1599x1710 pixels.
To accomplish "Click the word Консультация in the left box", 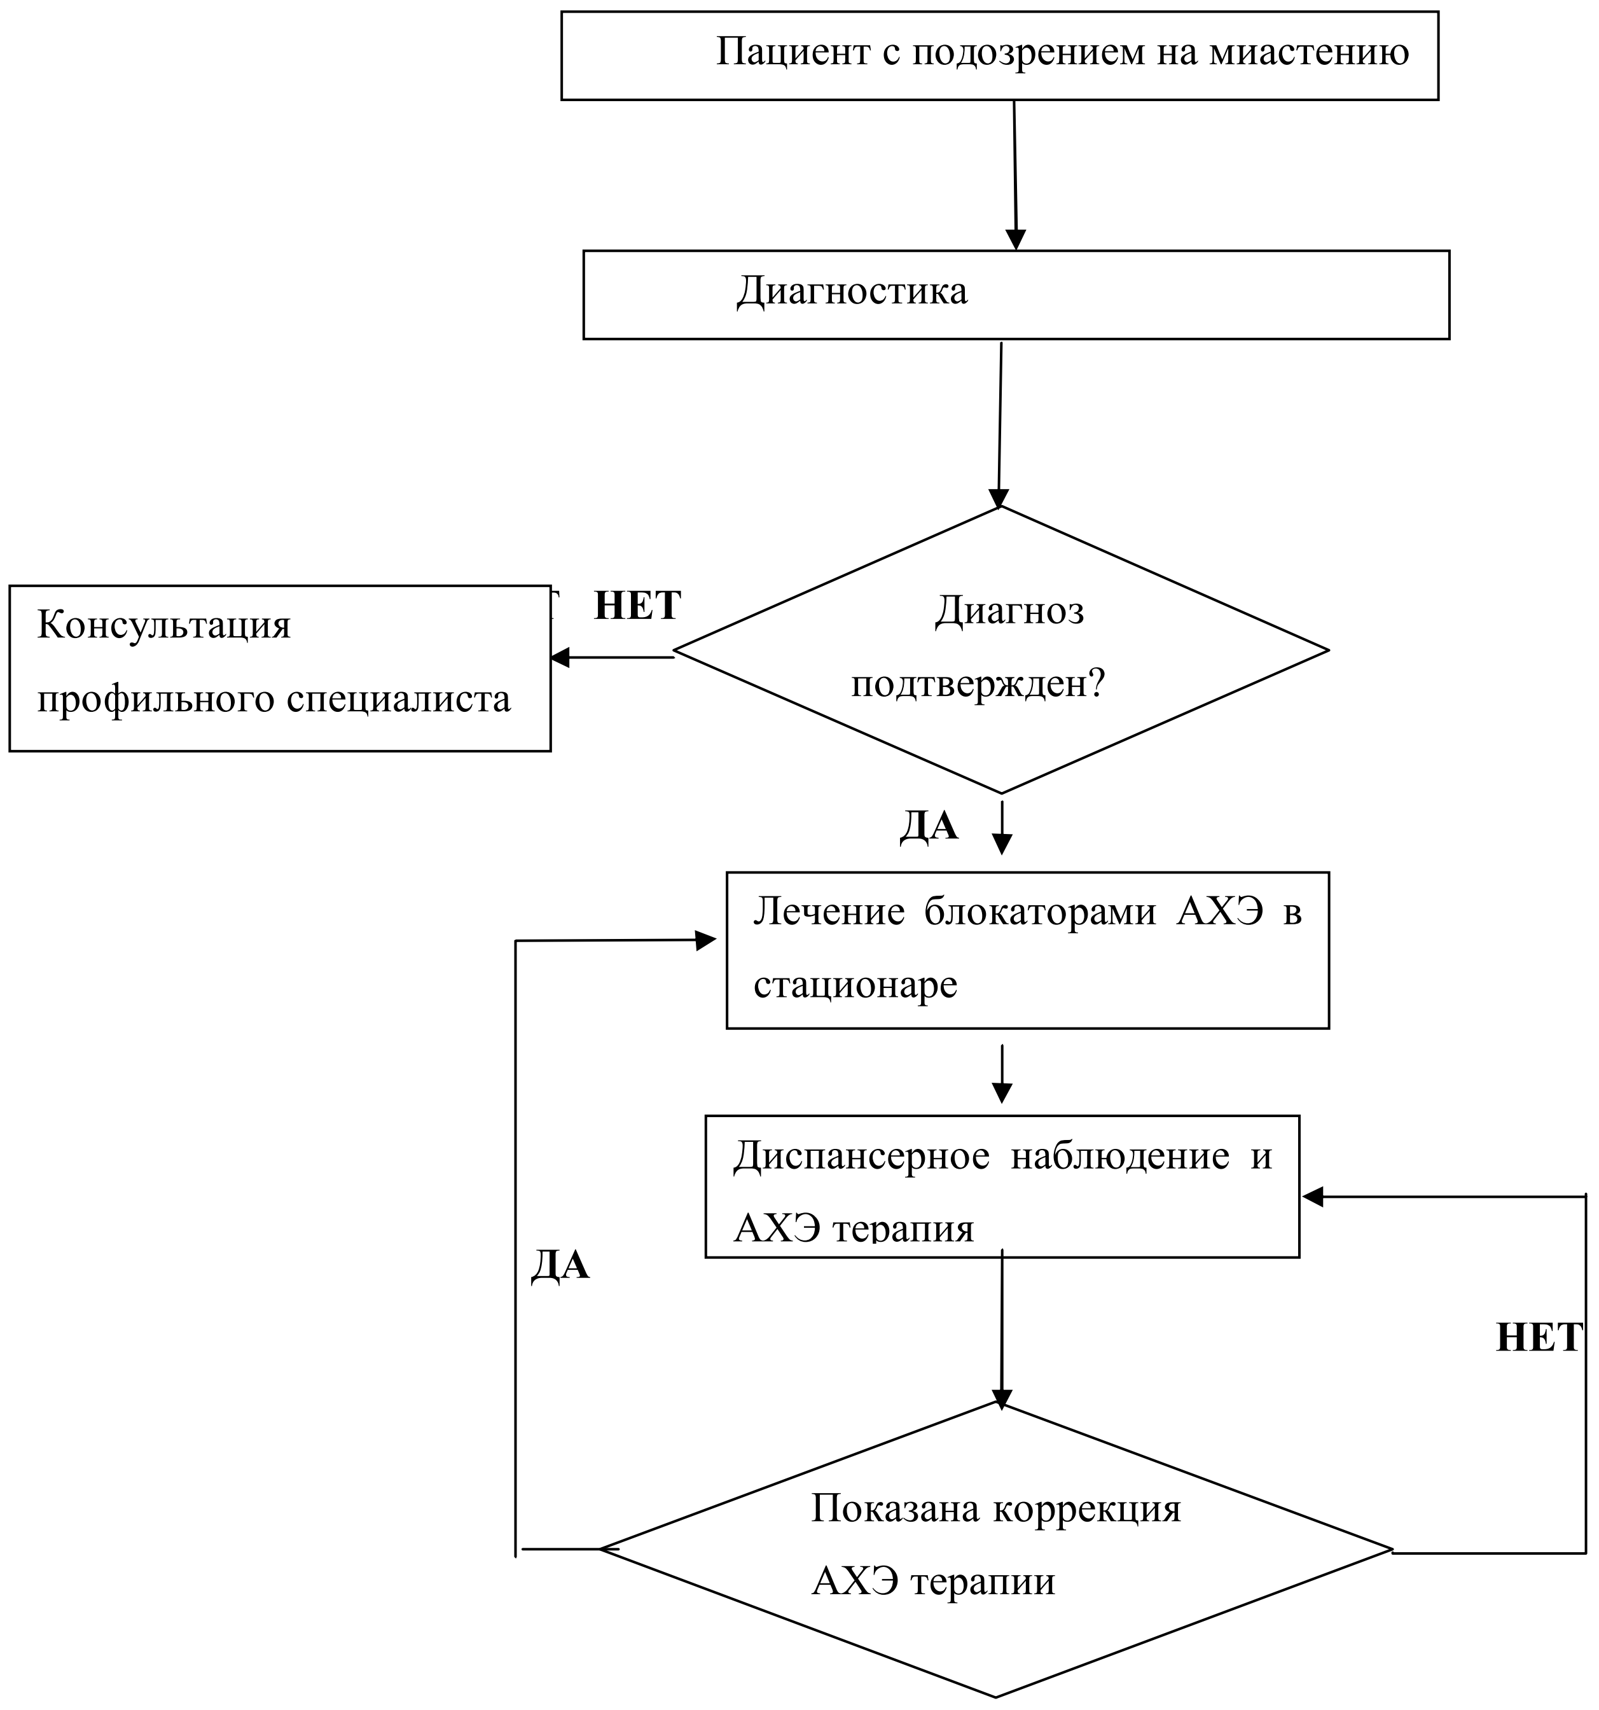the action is tap(164, 625).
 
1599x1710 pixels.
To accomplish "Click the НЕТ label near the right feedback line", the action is tap(1539, 1338).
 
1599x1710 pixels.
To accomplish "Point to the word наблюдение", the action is tap(1121, 1156).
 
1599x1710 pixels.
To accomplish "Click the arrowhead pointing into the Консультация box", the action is tap(560, 658).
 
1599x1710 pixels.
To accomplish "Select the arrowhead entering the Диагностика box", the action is tap(1016, 240).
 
